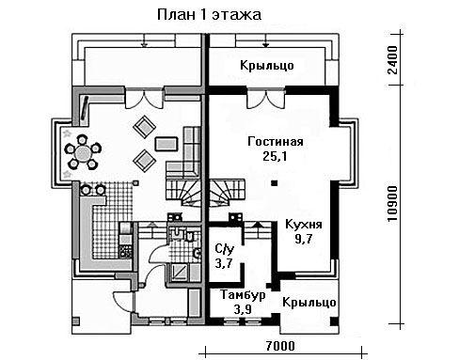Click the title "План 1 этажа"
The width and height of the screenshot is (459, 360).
coord(209,15)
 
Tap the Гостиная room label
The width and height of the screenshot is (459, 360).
coord(276,142)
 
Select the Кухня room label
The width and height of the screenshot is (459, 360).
coord(304,225)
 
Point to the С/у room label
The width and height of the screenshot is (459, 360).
coord(224,249)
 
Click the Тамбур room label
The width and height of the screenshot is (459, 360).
coord(243,295)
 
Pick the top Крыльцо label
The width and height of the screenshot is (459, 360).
coord(267,66)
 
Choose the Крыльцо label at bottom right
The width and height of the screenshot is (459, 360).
coord(309,303)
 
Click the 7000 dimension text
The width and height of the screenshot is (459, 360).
coord(280,346)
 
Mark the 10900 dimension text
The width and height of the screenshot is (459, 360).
coord(392,204)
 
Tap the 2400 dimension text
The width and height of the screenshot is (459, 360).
coord(392,60)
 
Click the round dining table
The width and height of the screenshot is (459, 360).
coord(83,153)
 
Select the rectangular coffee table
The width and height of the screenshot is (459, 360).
coord(166,144)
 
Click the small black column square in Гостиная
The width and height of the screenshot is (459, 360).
coord(275,183)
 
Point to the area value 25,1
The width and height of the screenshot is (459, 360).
coord(275,156)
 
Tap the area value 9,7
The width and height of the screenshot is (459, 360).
coord(304,239)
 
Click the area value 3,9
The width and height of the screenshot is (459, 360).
coord(243,309)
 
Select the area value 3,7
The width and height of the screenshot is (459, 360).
coord(224,263)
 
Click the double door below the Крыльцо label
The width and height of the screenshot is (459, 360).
coord(266,99)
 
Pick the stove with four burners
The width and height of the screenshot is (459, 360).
coord(125,251)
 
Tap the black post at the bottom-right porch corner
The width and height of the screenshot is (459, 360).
coord(334,321)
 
